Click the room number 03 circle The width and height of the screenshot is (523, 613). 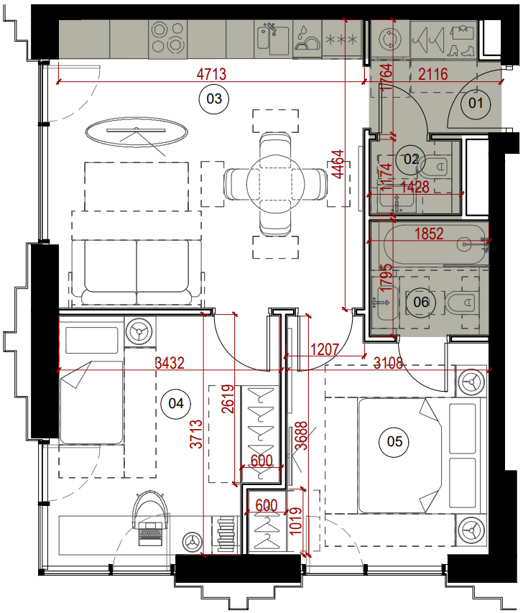coord(214,99)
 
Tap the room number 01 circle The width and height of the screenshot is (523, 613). coord(476,103)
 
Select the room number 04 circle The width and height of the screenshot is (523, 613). coord(176,403)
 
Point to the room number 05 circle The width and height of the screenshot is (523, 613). coord(394,442)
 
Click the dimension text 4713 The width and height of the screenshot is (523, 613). coord(211,74)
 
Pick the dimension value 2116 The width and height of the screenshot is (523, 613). coord(433,74)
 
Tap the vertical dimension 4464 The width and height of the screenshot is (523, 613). coord(338,164)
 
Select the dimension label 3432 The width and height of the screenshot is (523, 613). coord(170,363)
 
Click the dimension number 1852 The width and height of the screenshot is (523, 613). coord(429,234)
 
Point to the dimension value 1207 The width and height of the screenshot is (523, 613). coord(325,349)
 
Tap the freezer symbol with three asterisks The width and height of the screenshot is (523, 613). coord(341,40)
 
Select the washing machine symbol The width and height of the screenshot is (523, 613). coord(390,39)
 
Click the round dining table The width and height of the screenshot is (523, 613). coord(276,184)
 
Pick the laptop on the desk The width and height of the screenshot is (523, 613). coord(149,533)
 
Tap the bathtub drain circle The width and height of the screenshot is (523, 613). coord(464,244)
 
